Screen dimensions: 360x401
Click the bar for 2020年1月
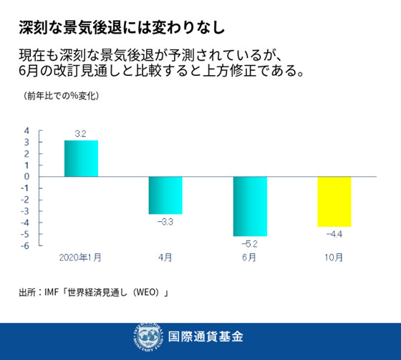pos(81,158)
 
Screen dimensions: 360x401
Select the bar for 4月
pos(165,195)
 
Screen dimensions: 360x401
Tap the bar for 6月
pos(250,206)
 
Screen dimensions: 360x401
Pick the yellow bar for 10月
pos(334,201)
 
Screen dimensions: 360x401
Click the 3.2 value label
pos(81,134)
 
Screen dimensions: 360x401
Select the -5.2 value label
pos(250,244)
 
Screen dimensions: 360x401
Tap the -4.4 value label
pos(334,235)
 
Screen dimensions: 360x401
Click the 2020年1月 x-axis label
pos(80,256)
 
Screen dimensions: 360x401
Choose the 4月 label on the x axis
pos(165,256)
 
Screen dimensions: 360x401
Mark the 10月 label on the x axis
pos(334,256)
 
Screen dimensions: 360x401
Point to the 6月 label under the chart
pos(250,256)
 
